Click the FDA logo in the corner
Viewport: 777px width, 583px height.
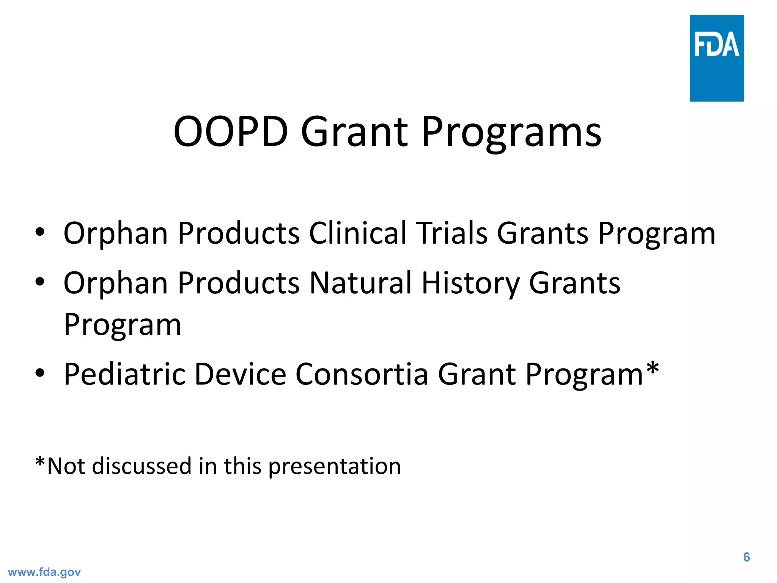(717, 58)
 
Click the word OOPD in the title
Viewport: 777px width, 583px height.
(231, 132)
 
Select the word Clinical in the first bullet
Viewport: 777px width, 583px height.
(358, 233)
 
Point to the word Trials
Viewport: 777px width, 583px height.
(452, 233)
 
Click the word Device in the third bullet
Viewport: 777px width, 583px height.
(240, 374)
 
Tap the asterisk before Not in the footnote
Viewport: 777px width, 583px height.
(40, 462)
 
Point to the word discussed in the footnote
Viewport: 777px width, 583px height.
(142, 466)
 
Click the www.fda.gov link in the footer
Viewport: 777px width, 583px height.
(44, 572)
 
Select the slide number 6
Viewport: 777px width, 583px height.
(746, 557)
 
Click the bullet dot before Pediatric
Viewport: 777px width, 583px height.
(40, 373)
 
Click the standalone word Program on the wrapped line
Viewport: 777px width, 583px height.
(123, 326)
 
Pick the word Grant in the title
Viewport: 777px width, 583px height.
(354, 132)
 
